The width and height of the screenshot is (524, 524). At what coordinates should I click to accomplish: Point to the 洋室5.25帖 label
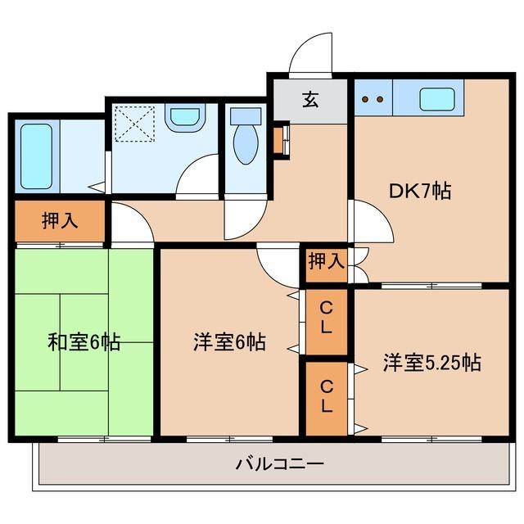[x=431, y=362]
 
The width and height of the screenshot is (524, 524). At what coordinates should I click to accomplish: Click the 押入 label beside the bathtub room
[x=59, y=221]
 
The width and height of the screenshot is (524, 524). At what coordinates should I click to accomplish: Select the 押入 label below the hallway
[x=326, y=262]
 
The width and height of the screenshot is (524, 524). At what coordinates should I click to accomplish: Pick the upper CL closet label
[x=326, y=318]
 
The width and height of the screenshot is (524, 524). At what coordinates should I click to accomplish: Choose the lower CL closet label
[x=326, y=395]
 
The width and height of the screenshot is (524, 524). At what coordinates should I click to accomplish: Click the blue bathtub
[x=35, y=156]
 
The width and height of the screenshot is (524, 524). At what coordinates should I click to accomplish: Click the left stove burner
[x=366, y=100]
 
